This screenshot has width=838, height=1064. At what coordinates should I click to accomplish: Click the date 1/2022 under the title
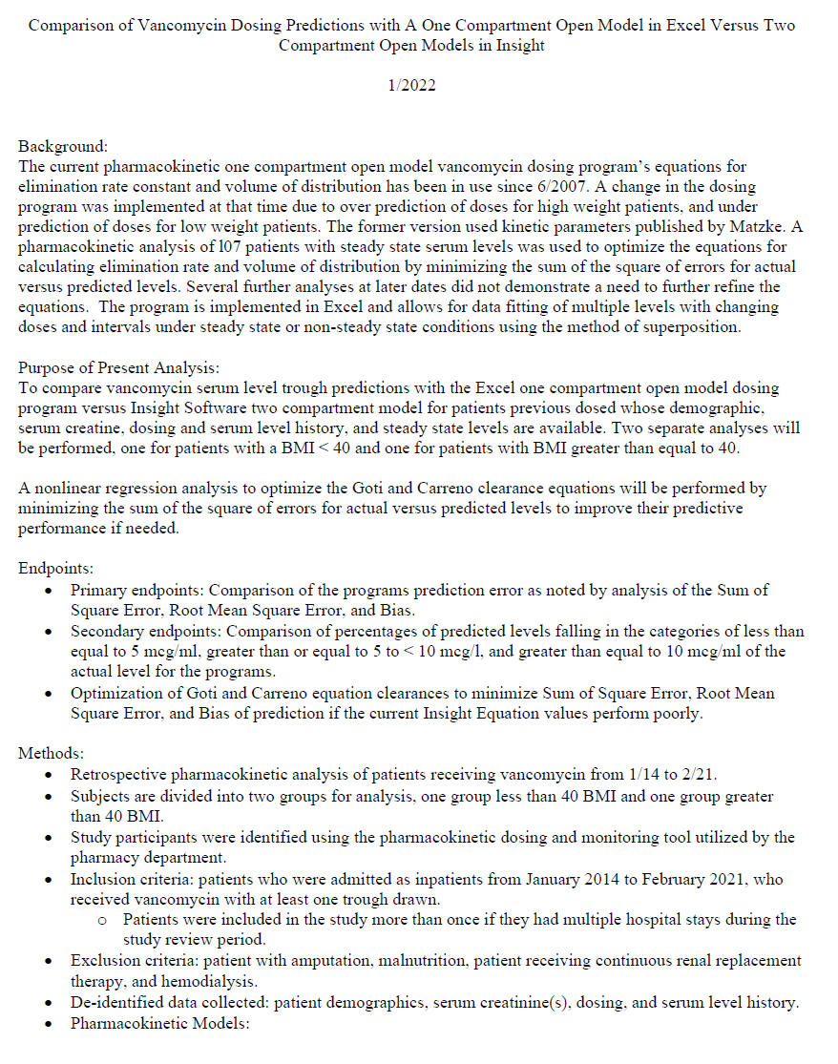click(x=411, y=86)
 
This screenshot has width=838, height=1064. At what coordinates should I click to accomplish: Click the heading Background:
click(x=63, y=147)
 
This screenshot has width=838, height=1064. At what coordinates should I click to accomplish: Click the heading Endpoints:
click(x=56, y=569)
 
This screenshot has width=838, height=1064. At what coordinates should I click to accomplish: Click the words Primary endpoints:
click(x=129, y=591)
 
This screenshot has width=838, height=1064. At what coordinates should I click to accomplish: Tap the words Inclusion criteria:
click(x=129, y=879)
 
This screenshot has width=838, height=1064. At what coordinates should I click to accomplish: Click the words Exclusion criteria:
click(x=131, y=961)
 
